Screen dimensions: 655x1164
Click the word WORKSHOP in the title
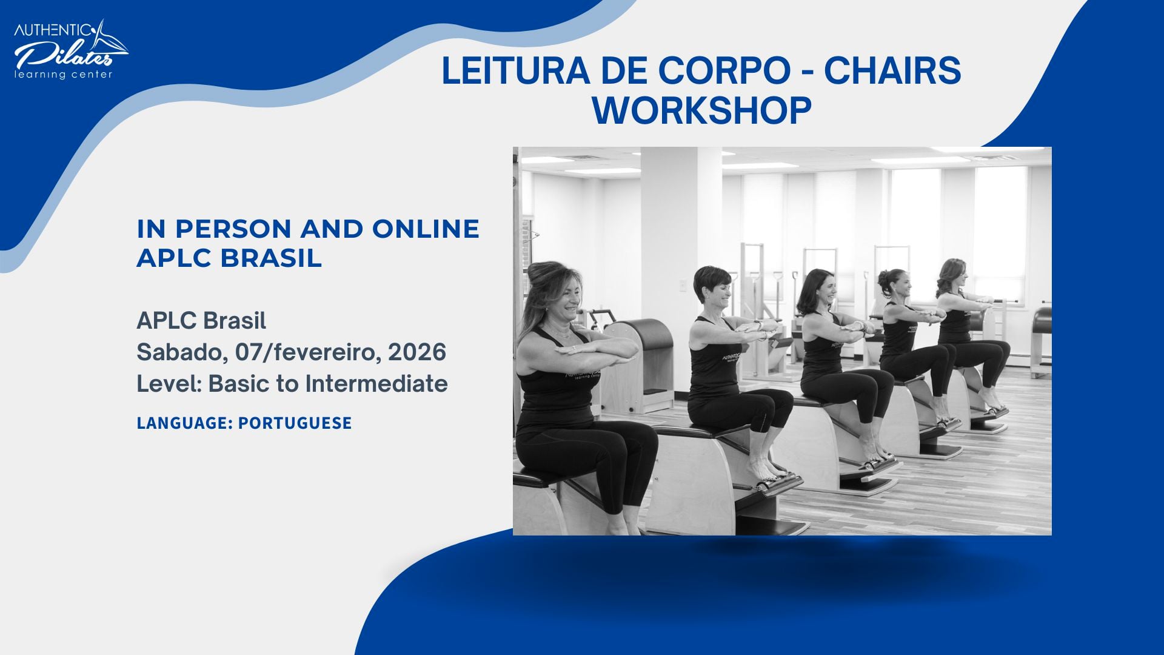coord(701,110)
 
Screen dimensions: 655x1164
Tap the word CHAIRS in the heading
coord(892,70)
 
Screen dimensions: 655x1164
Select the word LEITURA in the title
coord(515,70)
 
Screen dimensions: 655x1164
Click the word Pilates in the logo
coord(64,56)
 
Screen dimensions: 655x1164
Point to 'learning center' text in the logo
coord(64,75)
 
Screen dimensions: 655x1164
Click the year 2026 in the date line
coord(416,352)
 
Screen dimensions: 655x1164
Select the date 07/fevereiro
coord(308,352)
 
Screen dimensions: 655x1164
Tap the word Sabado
coord(181,352)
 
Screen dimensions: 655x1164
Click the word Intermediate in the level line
coord(376,383)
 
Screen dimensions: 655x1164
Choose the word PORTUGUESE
coord(295,423)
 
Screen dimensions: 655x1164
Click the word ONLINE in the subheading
coord(426,229)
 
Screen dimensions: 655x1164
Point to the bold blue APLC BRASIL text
coord(229,258)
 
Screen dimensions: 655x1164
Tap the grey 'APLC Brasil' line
coord(201,320)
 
